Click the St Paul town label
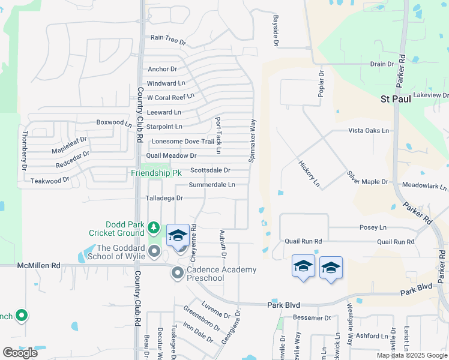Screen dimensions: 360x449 click(396, 99)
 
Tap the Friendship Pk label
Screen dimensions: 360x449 click(156, 173)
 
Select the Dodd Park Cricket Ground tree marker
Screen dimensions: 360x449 click(154, 227)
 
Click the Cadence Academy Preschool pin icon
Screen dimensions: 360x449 click(178, 274)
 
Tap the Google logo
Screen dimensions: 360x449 click(20, 352)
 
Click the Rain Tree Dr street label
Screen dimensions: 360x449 click(168, 38)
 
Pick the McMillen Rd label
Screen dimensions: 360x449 click(38, 265)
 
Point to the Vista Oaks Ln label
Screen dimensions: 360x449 click(369, 130)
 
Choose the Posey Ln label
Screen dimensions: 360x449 click(373, 227)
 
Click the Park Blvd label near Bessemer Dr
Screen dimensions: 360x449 click(283, 305)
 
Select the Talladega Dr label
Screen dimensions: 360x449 click(164, 197)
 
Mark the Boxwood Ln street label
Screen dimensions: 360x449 click(113, 122)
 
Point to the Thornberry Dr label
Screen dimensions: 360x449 click(25, 150)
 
